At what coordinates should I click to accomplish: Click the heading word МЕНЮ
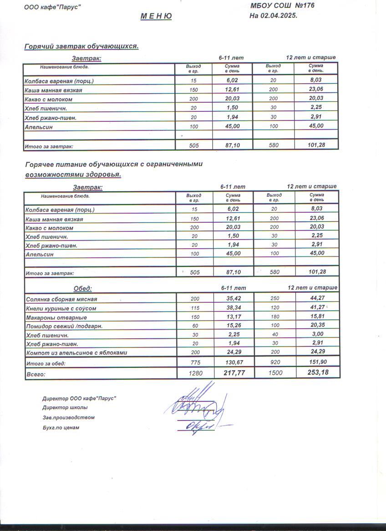click(x=156, y=16)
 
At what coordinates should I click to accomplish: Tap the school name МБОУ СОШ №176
click(x=282, y=5)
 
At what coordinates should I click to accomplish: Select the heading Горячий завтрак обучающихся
click(x=81, y=46)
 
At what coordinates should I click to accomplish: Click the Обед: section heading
click(x=83, y=288)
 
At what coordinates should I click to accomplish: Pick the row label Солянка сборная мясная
click(x=61, y=299)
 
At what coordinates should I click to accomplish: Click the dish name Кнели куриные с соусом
click(x=61, y=308)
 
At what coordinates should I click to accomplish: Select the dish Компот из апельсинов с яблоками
click(x=76, y=352)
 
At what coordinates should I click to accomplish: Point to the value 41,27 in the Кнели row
click(x=317, y=307)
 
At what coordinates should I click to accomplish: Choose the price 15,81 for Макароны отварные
click(x=317, y=316)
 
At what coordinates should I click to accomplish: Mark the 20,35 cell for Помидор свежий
click(x=317, y=325)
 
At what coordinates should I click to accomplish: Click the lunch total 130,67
click(x=233, y=362)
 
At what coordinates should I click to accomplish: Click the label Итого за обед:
click(x=46, y=363)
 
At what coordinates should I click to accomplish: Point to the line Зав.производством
click(x=68, y=417)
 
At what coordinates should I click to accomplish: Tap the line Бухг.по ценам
click(x=61, y=427)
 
